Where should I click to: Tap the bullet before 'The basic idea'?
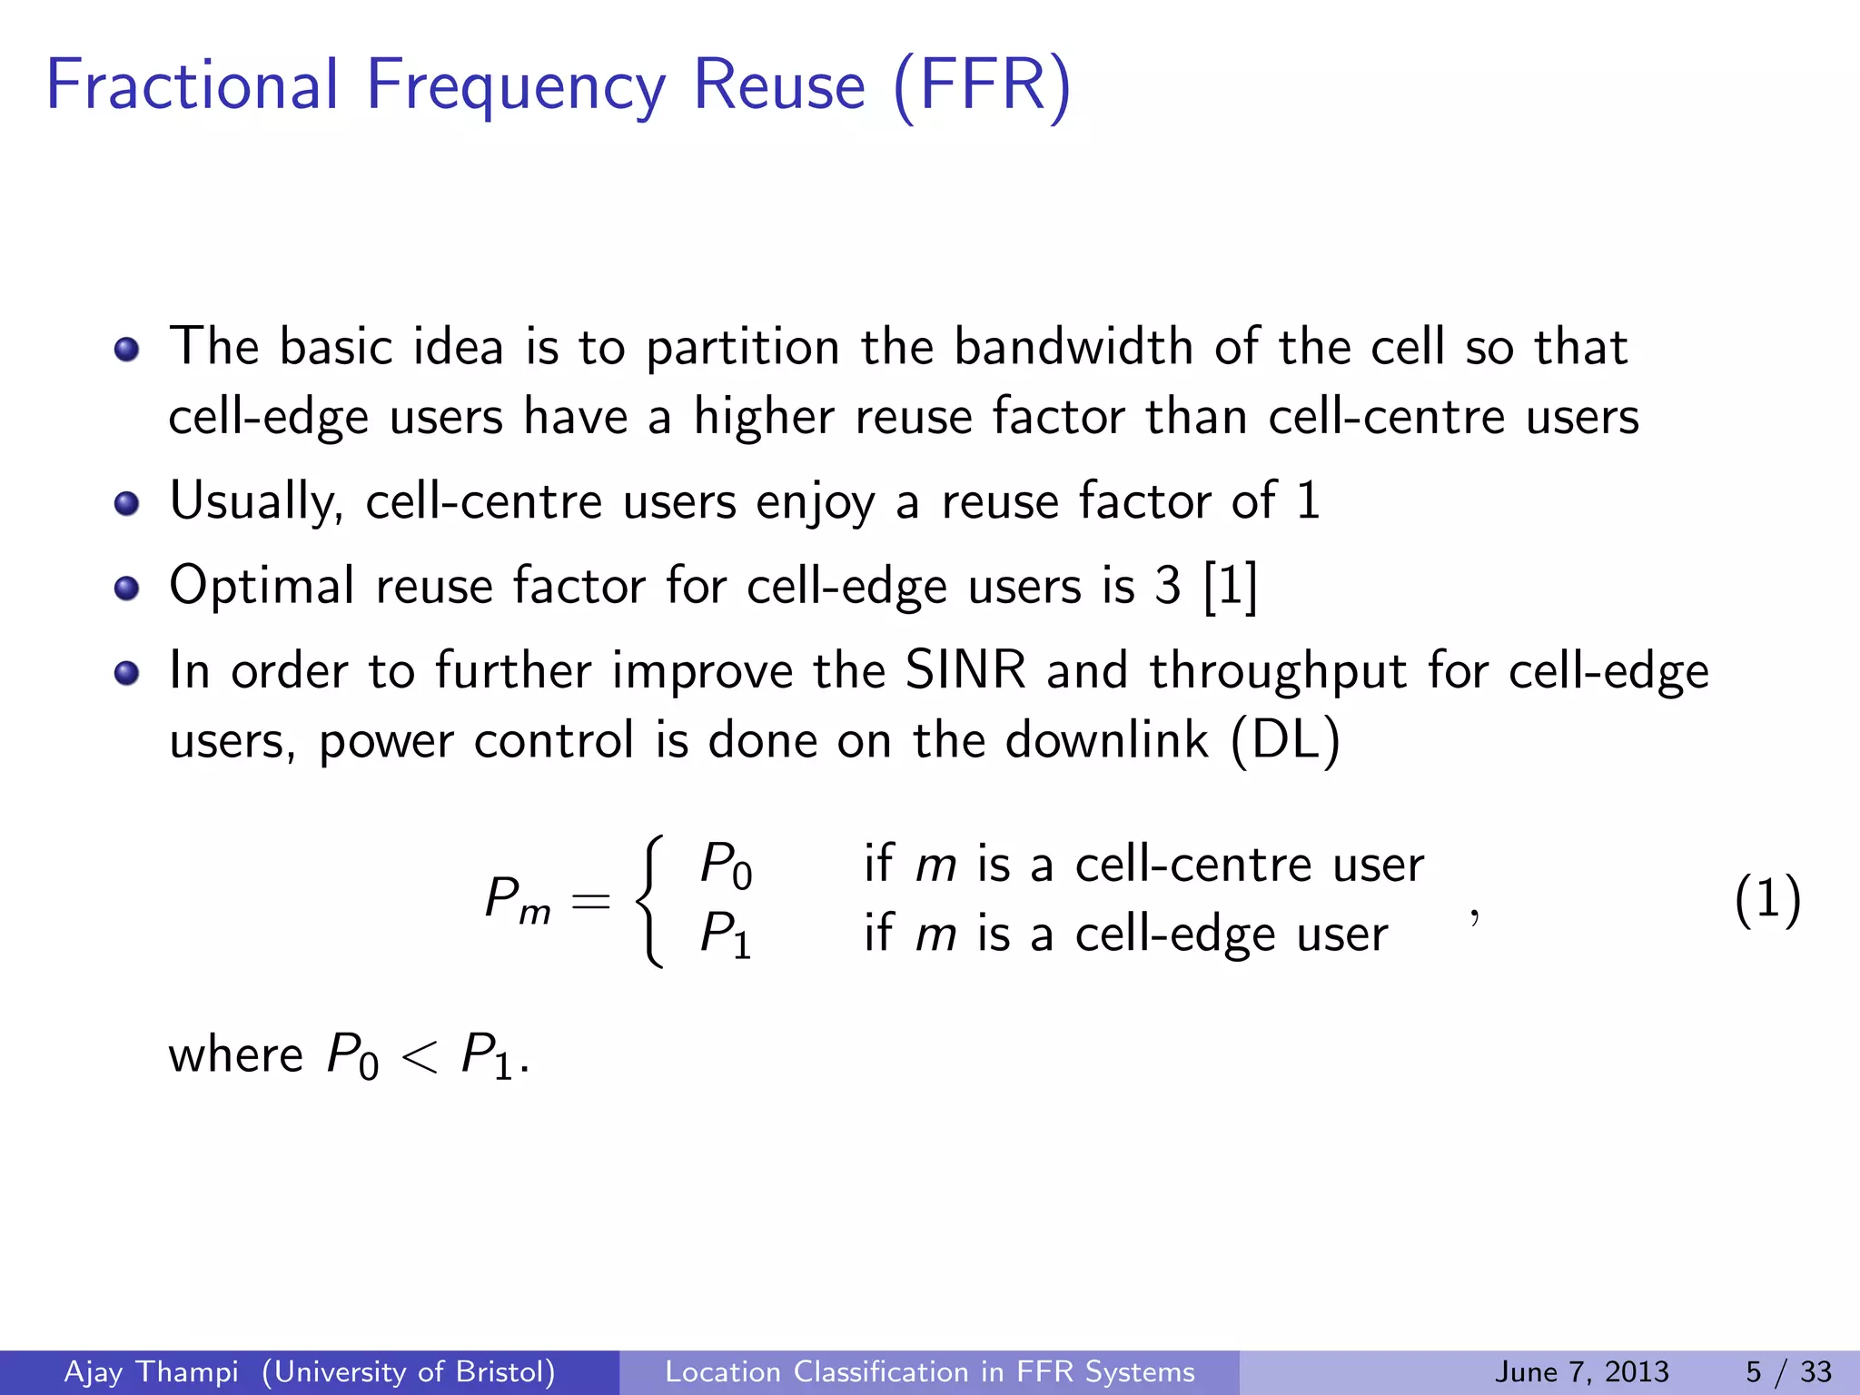coord(127,349)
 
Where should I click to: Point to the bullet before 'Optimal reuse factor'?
coord(127,588)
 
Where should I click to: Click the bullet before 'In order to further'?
coord(127,672)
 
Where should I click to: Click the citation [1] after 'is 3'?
coord(1231,586)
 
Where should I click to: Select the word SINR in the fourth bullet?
coord(965,671)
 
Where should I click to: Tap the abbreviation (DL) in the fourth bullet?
coord(1285,740)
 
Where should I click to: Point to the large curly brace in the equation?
coord(649,900)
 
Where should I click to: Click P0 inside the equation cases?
coord(726,864)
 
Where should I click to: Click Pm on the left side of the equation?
coord(517,900)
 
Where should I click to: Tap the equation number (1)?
coord(1766,900)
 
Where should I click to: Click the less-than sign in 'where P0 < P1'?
coord(419,1056)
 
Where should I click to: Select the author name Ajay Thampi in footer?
coord(151,1371)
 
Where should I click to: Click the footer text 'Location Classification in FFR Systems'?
coord(929,1371)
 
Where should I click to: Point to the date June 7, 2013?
coord(1581,1371)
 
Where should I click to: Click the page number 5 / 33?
coord(1788,1371)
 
